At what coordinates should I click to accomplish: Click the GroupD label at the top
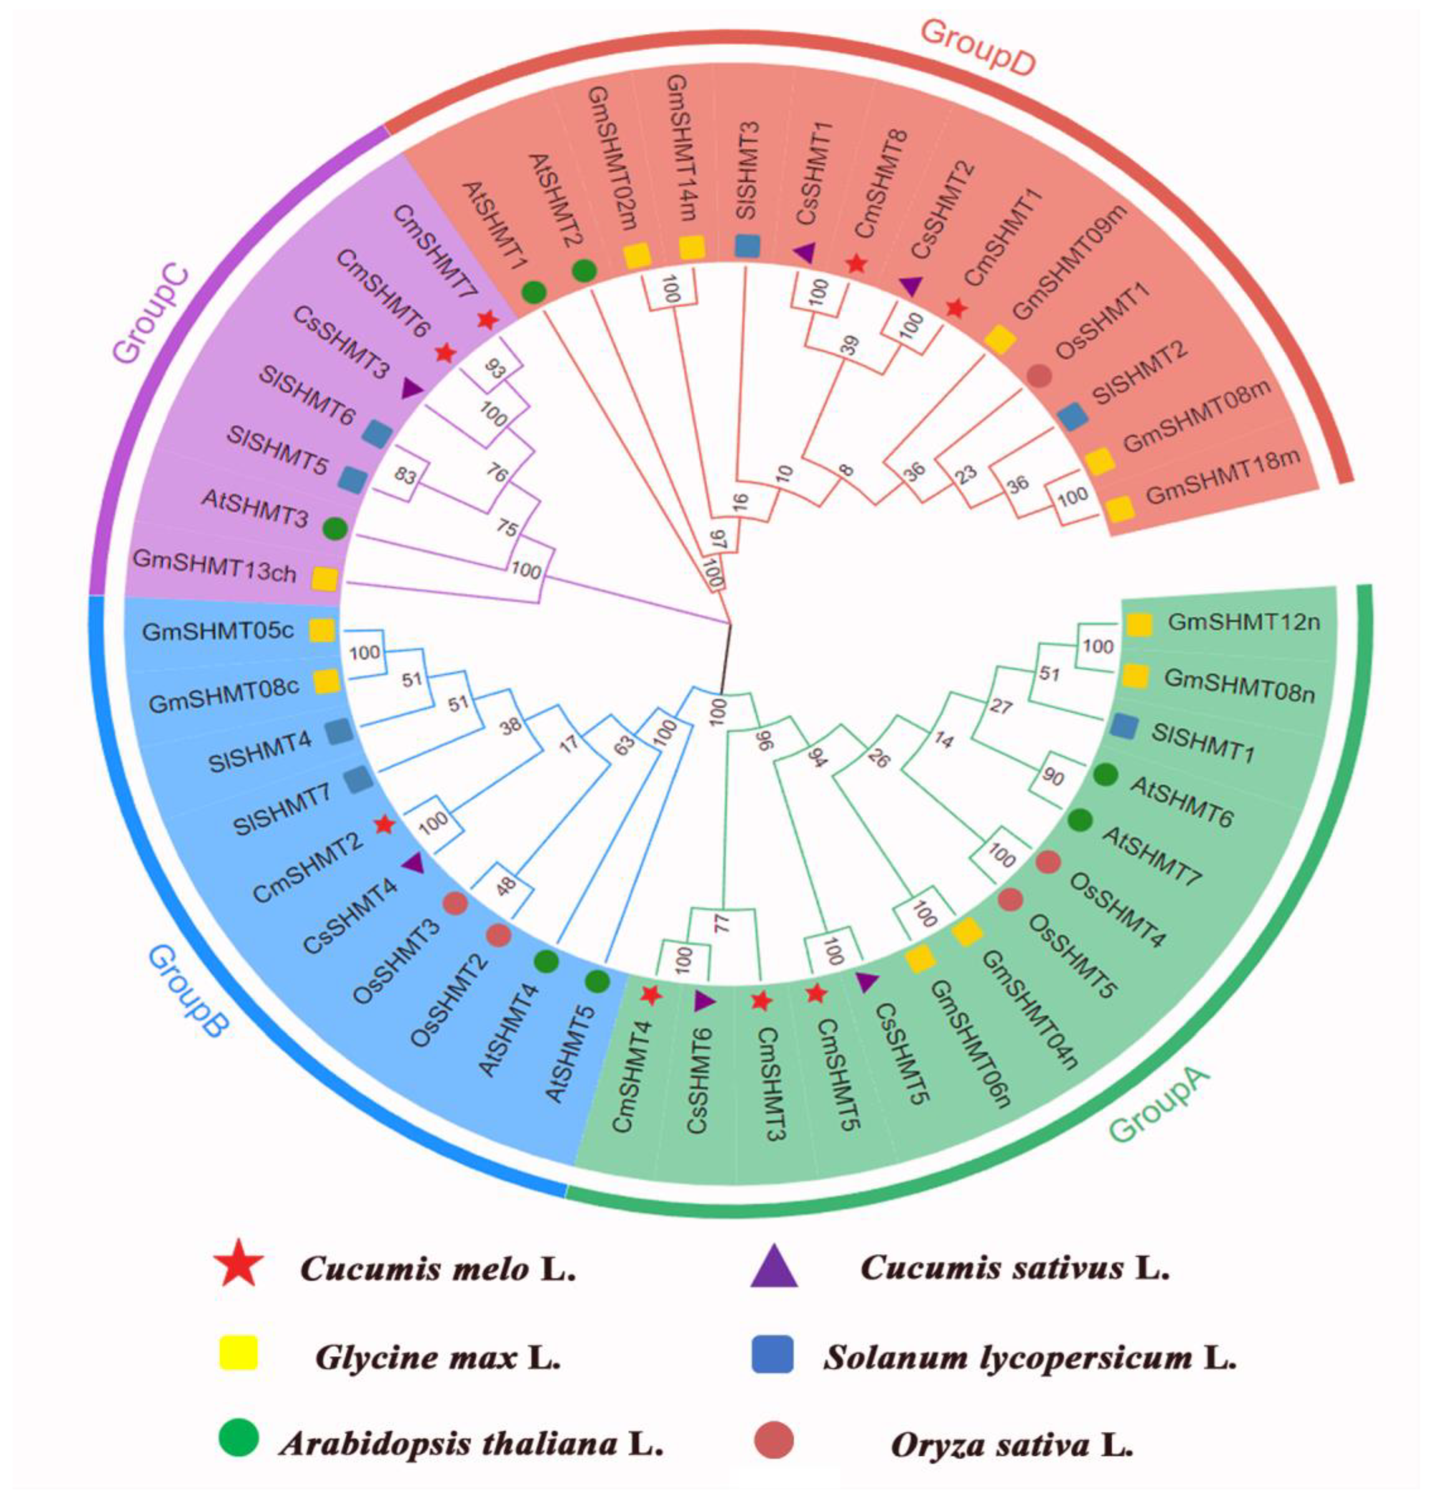pyautogui.click(x=977, y=47)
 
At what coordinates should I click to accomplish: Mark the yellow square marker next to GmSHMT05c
pyautogui.click(x=322, y=631)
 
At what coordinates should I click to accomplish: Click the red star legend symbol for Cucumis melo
pyautogui.click(x=243, y=1269)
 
